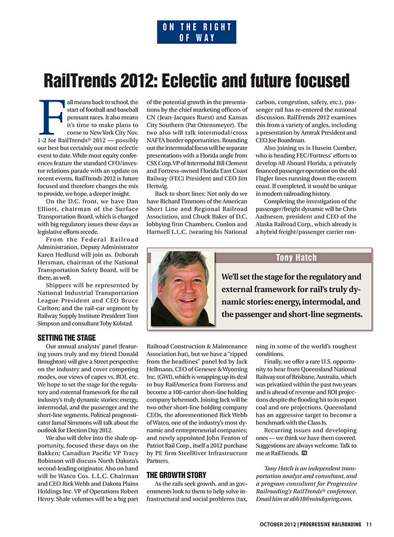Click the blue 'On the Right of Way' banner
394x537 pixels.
tap(197, 32)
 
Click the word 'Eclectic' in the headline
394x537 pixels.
tap(193, 81)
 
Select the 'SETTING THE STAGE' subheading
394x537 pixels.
tap(66, 338)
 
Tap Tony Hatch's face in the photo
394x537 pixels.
tap(182, 284)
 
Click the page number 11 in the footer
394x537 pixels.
tap(368, 524)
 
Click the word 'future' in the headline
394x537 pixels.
tap(279, 81)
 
